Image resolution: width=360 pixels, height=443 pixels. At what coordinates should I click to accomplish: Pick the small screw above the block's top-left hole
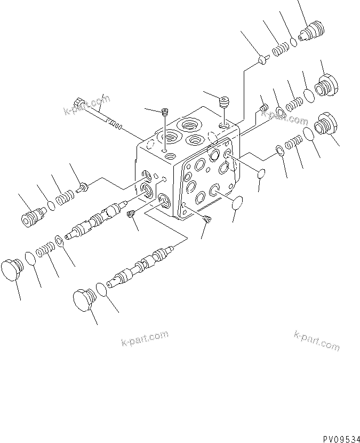[x=165, y=112]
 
